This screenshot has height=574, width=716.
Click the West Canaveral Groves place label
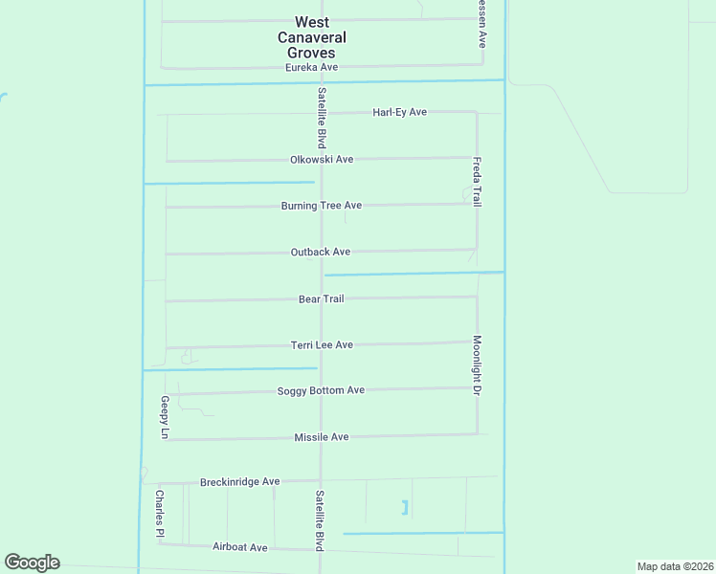pyautogui.click(x=312, y=37)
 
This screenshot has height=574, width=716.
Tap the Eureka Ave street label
pyautogui.click(x=312, y=68)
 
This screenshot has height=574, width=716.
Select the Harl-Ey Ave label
pyautogui.click(x=399, y=113)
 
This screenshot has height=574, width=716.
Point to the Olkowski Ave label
pyautogui.click(x=322, y=160)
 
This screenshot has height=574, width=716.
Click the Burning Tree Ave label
pyautogui.click(x=321, y=206)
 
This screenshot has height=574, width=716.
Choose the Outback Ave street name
pyautogui.click(x=321, y=253)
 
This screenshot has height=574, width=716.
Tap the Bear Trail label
pyautogui.click(x=321, y=299)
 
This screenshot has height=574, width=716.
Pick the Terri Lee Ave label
pyautogui.click(x=322, y=345)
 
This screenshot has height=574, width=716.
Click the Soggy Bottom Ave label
pyautogui.click(x=321, y=391)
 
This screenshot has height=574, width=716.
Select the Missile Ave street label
pyautogui.click(x=322, y=437)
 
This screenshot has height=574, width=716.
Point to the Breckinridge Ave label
pyautogui.click(x=239, y=482)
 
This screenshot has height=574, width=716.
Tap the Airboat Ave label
pyautogui.click(x=239, y=547)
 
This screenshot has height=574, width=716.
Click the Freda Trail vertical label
pyautogui.click(x=477, y=183)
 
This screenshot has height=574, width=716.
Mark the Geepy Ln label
pyautogui.click(x=165, y=417)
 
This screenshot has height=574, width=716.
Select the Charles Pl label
pyautogui.click(x=159, y=514)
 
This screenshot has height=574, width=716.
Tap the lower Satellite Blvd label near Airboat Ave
pyautogui.click(x=320, y=519)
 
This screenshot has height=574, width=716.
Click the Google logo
pyautogui.click(x=32, y=563)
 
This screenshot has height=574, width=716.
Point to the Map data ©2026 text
pyautogui.click(x=674, y=566)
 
